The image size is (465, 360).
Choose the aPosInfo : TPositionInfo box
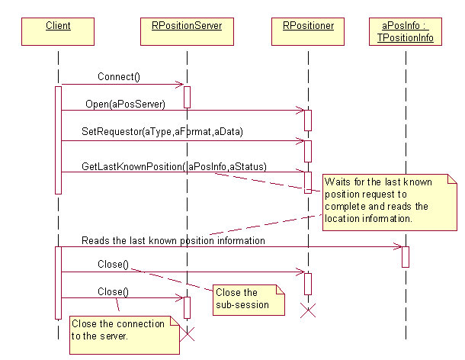coord(406,31)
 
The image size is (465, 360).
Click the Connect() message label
coord(118,77)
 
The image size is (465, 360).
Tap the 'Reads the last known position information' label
coord(173,240)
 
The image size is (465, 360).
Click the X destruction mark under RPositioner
coord(308,310)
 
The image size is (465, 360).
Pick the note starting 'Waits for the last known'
coord(388,200)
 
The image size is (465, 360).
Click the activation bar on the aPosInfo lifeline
coord(406,256)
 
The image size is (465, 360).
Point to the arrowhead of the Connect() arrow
coord(180,84)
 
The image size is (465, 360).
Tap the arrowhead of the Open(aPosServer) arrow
coord(301,110)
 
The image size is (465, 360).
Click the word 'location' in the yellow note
coord(341,219)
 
